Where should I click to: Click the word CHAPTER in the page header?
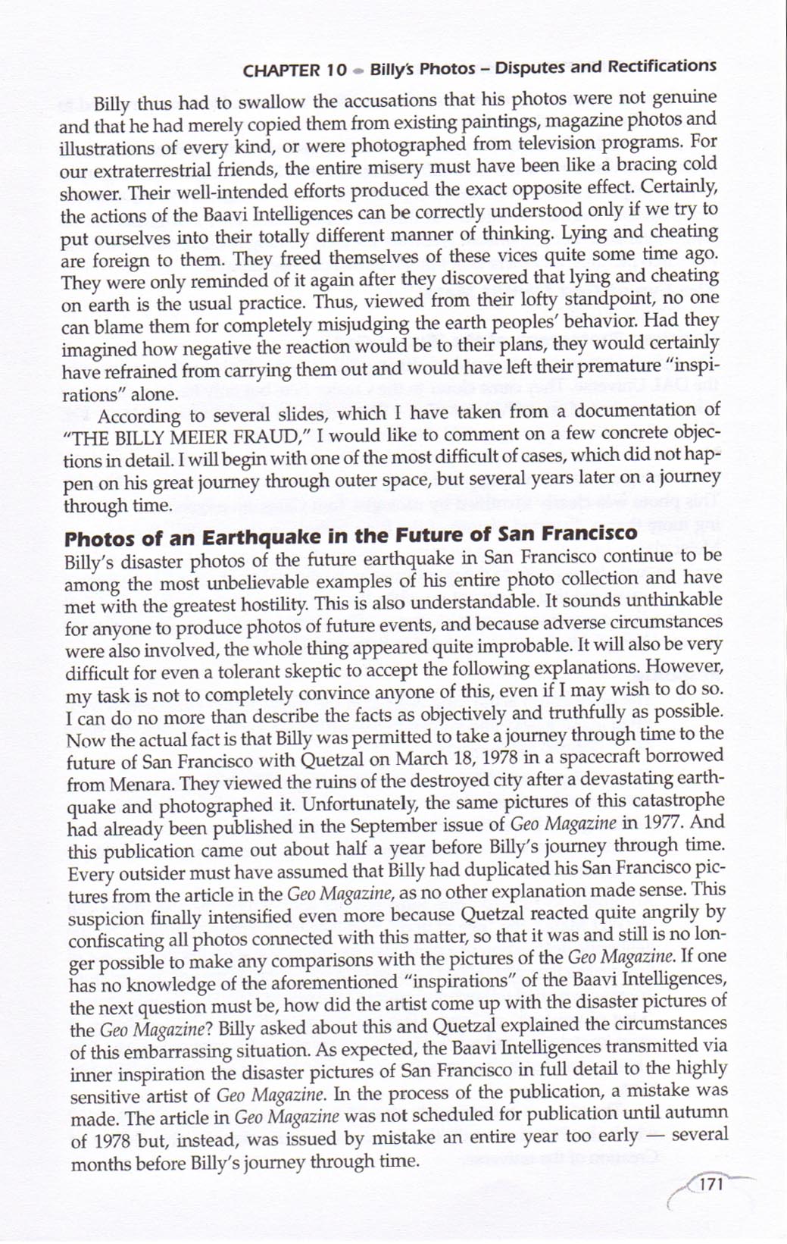tap(280, 71)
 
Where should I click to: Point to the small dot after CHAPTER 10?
tap(358, 71)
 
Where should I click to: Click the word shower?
tap(84, 193)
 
